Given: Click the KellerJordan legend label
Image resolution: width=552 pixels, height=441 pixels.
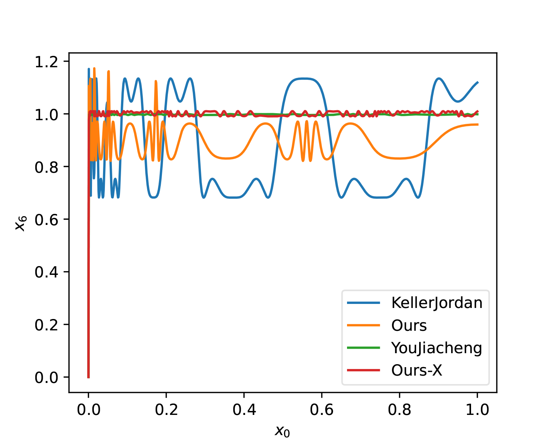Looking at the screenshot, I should pos(436,303).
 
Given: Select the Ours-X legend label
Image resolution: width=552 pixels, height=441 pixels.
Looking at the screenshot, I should pos(417,370).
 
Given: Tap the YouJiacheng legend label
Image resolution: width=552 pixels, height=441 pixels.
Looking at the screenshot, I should pos(436,348).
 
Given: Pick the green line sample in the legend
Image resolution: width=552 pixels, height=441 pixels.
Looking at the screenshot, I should pos(364,348).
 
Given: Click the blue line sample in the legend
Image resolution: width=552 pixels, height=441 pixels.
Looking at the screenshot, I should pos(364,303).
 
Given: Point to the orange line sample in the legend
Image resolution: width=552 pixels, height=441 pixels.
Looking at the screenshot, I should pos(364,325).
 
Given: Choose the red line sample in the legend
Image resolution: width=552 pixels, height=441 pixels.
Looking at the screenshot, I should pos(364,370).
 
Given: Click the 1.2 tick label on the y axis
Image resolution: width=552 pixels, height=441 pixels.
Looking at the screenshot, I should pos(46,62).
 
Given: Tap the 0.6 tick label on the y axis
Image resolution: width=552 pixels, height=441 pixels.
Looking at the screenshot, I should pos(46,220).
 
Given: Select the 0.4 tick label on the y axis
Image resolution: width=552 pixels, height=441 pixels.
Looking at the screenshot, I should pos(46,272).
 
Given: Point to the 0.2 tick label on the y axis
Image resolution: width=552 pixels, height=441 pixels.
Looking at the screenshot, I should pos(46,325).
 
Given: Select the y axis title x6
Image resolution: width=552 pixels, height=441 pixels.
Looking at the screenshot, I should pos(21,223).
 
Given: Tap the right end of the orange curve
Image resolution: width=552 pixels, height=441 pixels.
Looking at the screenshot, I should pos(477,125).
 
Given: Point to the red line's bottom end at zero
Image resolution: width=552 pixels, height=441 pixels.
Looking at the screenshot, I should pos(88,377).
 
